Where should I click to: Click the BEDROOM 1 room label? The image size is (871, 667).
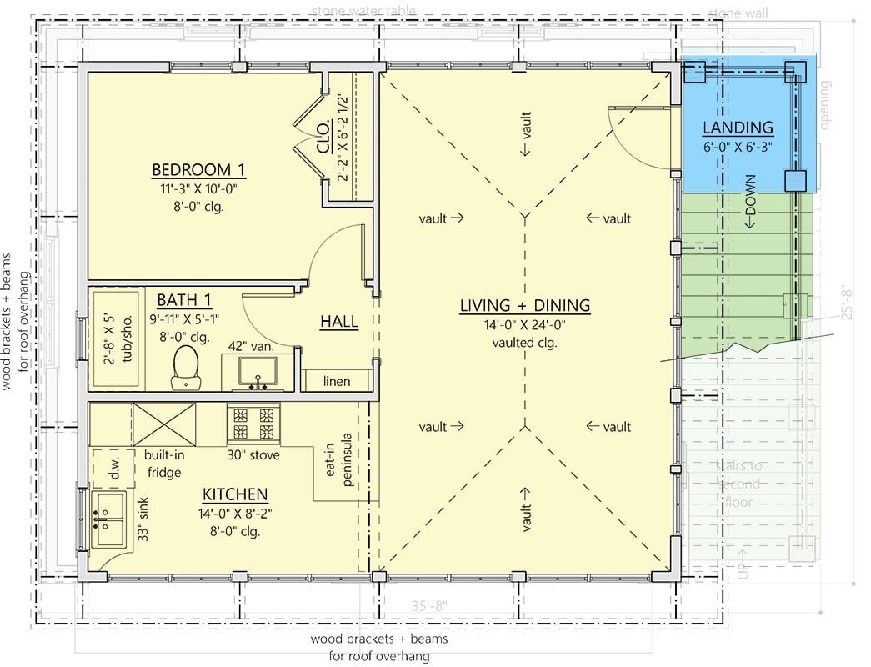click(198, 170)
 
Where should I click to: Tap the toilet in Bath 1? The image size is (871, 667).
click(184, 367)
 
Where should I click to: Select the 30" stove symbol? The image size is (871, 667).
click(253, 423)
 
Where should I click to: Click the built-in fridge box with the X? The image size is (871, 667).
click(164, 424)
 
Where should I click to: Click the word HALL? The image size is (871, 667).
click(338, 322)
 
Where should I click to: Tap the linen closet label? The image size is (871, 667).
click(337, 382)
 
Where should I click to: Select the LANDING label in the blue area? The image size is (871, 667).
click(738, 128)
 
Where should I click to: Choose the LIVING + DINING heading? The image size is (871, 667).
click(524, 306)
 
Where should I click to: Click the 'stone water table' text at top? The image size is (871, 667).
click(363, 11)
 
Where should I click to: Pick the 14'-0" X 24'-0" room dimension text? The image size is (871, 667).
click(524, 326)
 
